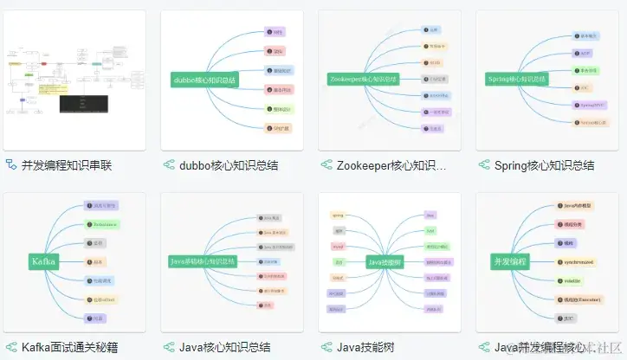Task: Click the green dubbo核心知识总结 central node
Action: tap(204, 79)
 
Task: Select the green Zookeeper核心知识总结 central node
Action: tap(364, 79)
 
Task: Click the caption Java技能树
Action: tap(365, 347)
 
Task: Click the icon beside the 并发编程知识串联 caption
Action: tap(11, 165)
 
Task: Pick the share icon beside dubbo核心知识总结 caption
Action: tap(169, 165)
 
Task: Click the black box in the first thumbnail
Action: tap(86, 103)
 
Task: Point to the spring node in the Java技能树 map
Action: tap(339, 214)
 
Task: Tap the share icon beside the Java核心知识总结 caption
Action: tap(169, 347)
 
